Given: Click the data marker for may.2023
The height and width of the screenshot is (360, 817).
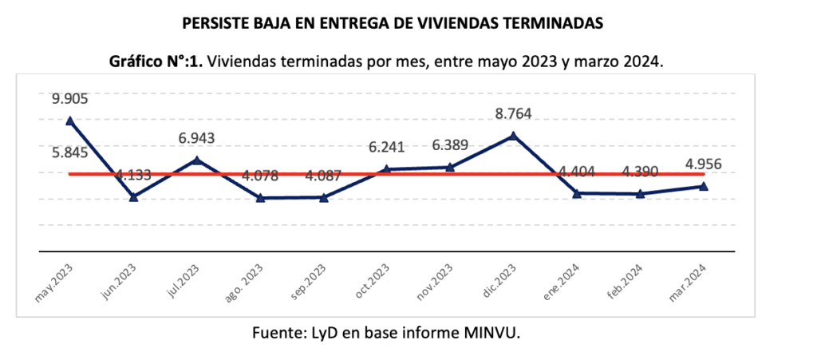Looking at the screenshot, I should (70, 121).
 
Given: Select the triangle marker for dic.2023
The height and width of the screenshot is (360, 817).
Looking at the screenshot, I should (513, 136).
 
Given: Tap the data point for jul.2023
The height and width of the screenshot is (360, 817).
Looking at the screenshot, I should (197, 160).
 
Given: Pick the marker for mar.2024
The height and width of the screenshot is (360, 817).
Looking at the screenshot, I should (703, 186).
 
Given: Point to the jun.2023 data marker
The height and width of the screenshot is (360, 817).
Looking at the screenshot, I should (133, 196).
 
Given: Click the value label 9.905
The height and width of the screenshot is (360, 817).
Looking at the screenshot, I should (70, 100).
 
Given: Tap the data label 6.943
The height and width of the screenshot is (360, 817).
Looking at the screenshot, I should (197, 139).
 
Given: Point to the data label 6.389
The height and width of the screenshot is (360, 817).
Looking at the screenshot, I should (449, 145).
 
